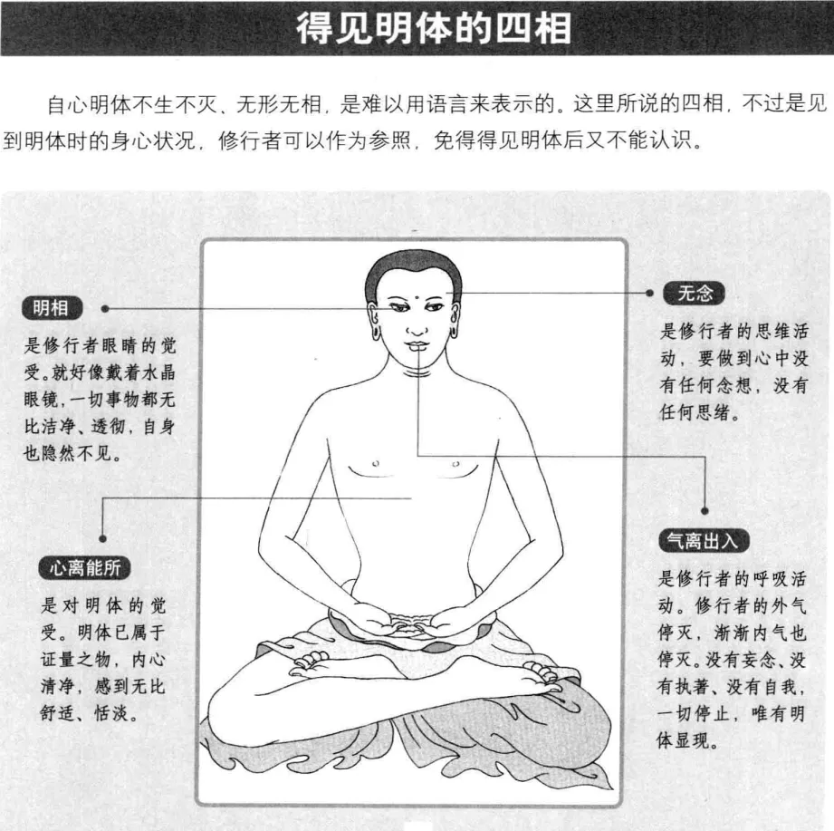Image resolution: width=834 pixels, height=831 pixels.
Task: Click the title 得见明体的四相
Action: pyautogui.click(x=434, y=28)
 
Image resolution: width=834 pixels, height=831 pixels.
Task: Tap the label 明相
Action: pyautogui.click(x=52, y=308)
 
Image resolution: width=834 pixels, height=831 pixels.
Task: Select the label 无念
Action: pyautogui.click(x=694, y=294)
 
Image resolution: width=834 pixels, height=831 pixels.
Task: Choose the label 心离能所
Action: pyautogui.click(x=84, y=568)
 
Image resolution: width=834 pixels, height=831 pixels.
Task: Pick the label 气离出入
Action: pyautogui.click(x=704, y=541)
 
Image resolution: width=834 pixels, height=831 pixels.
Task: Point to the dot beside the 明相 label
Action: pyautogui.click(x=105, y=309)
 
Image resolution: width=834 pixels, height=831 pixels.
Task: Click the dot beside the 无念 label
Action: pyautogui.click(x=649, y=293)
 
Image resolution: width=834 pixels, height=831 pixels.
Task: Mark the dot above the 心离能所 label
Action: pyautogui.click(x=102, y=538)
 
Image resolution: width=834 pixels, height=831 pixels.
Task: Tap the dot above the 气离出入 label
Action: pyautogui.click(x=705, y=511)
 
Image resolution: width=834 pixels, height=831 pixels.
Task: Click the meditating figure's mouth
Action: pyautogui.click(x=417, y=345)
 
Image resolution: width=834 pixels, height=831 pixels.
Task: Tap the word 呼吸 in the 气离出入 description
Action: pyautogui.click(x=768, y=579)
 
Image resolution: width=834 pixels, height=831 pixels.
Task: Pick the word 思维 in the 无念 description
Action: pyautogui.click(x=771, y=331)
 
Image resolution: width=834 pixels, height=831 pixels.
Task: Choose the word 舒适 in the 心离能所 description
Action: pyautogui.click(x=57, y=713)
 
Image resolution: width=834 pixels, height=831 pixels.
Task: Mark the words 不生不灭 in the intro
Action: pyautogui.click(x=175, y=104)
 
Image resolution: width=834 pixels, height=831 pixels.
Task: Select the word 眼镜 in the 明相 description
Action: pyautogui.click(x=41, y=400)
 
